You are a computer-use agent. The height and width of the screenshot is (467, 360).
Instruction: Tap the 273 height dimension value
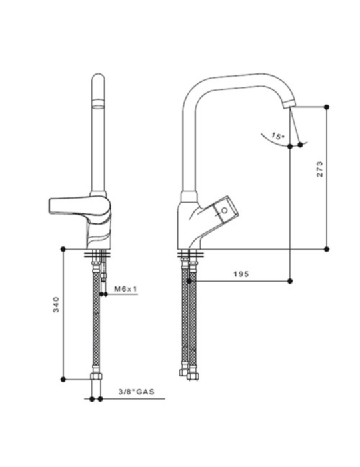[320, 169]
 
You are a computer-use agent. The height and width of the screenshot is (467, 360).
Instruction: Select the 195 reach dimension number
[242, 274]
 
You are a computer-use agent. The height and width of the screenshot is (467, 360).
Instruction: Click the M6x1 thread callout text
[124, 288]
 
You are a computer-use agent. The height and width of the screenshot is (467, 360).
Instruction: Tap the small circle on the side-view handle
[225, 211]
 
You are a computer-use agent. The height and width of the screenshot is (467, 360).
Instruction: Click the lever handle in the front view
[73, 205]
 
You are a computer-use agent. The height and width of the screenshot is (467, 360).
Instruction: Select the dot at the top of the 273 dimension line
[327, 107]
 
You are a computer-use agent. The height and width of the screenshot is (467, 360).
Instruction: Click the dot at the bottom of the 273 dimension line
[327, 248]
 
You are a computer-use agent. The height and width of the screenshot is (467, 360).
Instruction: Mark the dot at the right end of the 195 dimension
[291, 280]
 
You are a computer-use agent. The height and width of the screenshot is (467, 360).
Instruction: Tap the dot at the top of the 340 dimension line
[63, 248]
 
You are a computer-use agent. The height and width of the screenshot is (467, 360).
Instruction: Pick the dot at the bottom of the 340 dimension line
[63, 378]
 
